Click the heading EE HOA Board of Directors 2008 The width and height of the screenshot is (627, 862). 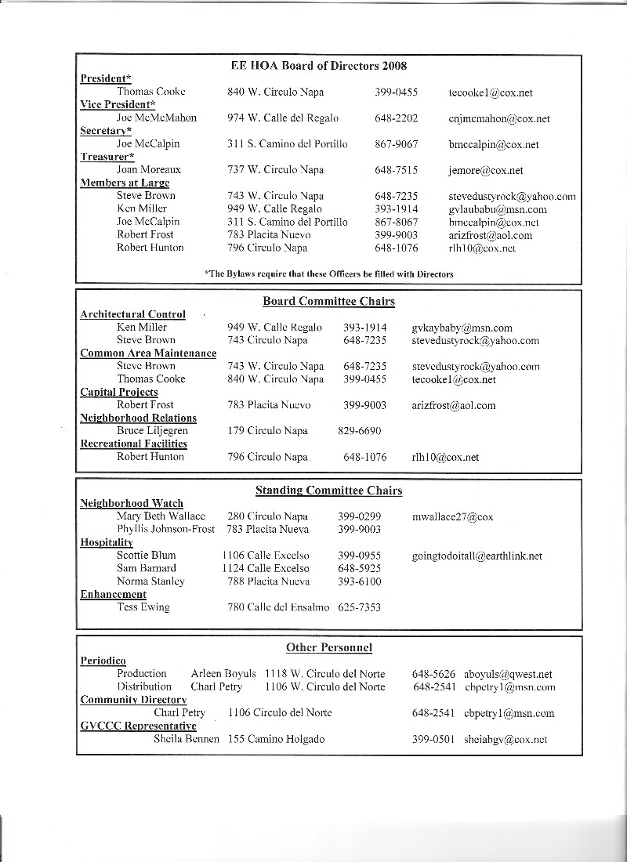(319, 66)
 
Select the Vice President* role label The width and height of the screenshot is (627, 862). (118, 105)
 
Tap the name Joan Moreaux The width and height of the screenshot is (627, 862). (149, 170)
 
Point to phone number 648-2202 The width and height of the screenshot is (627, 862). (396, 118)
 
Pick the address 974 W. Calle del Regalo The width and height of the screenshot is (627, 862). (283, 118)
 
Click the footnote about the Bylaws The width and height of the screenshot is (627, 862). (328, 273)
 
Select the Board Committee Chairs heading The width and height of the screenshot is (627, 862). (328, 302)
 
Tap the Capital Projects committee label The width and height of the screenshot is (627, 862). (119, 392)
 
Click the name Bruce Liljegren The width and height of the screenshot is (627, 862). (152, 431)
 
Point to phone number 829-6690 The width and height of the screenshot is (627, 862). (359, 431)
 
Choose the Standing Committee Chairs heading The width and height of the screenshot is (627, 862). (328, 491)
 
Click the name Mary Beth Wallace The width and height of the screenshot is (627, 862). (161, 517)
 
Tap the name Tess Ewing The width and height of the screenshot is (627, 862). (143, 607)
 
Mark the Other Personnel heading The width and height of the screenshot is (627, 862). (328, 647)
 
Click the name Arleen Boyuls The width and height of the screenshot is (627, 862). (223, 674)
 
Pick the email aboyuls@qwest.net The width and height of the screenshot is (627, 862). (508, 674)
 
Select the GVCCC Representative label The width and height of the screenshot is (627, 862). (138, 726)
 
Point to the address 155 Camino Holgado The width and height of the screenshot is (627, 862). (276, 739)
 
